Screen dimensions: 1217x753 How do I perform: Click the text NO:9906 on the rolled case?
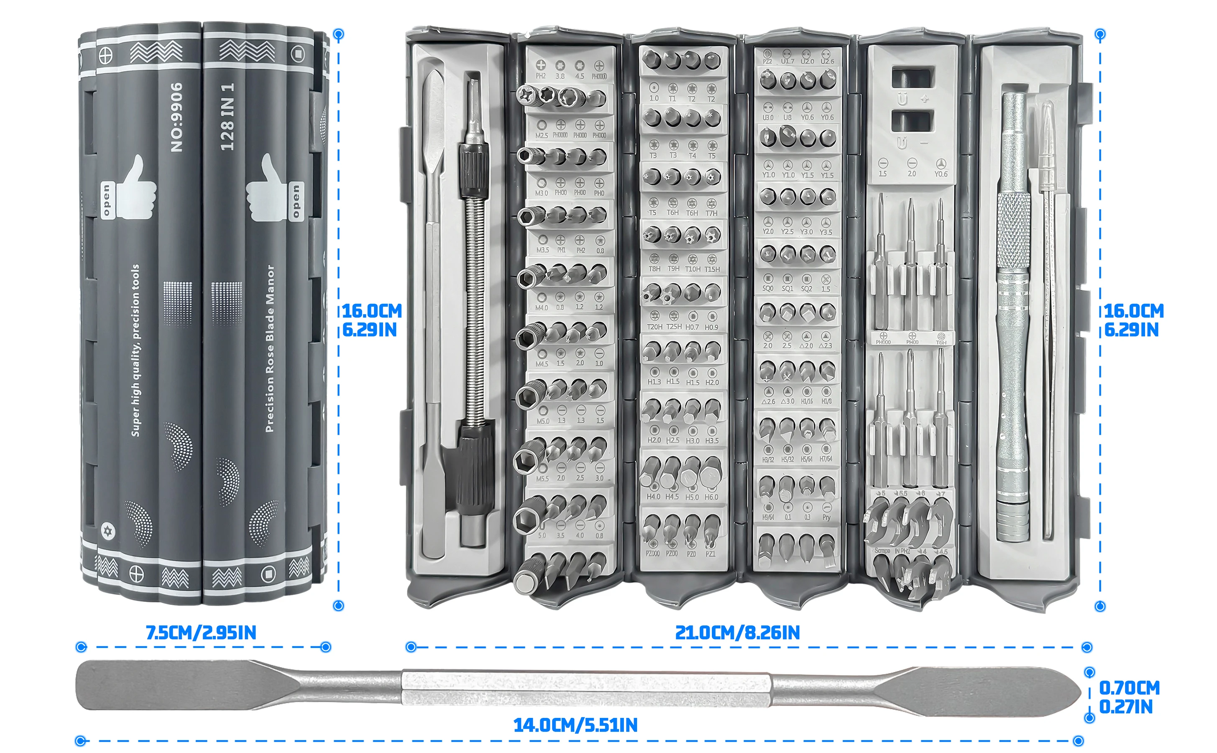(177, 117)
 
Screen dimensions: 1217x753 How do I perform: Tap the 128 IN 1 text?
(227, 117)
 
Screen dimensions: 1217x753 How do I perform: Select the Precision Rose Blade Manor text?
(270, 348)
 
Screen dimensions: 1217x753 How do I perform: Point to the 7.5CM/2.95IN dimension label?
(201, 633)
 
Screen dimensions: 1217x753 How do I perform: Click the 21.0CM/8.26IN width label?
(737, 633)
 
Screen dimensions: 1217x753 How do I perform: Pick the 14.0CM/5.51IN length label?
(575, 725)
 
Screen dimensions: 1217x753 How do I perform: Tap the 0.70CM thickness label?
(1129, 688)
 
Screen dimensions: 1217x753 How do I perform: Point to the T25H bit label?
(674, 327)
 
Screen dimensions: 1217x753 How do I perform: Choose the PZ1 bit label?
(710, 554)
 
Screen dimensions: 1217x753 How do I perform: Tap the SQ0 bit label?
(768, 288)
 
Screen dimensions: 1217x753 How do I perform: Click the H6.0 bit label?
(711, 497)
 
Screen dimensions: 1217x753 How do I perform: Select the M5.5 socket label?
(542, 479)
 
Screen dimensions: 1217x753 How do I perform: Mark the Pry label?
(826, 517)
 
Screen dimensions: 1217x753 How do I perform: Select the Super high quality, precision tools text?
(136, 351)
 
